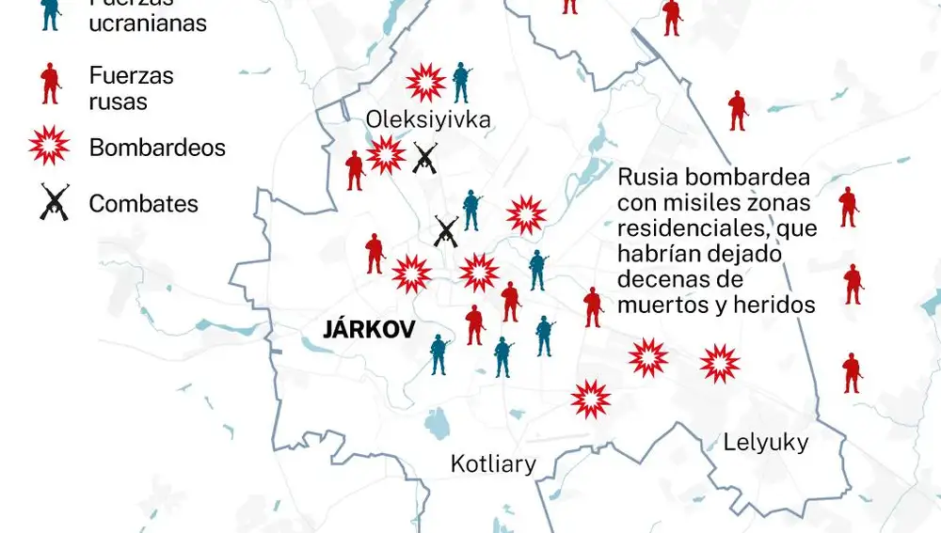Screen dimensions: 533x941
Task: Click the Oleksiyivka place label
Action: point(429,120)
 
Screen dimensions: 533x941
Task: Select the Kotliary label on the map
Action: point(493,463)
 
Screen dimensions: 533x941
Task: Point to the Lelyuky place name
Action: point(765,442)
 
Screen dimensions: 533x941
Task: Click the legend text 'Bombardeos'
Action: point(157,148)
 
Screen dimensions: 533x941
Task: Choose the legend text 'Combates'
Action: point(143,203)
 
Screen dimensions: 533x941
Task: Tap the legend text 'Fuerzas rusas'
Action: point(131,87)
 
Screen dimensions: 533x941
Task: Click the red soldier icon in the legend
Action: point(51,84)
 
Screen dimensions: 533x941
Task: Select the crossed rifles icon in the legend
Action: point(55,202)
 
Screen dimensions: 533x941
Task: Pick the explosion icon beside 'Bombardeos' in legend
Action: point(51,147)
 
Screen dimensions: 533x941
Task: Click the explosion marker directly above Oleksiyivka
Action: point(425,83)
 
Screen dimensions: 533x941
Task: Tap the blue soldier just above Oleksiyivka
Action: point(460,83)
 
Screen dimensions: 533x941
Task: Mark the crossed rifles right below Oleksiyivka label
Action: point(425,157)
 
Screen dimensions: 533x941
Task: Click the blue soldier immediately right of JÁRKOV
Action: point(439,355)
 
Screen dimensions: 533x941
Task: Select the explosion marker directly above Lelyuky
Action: point(720,363)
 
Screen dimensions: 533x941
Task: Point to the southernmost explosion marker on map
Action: point(591,400)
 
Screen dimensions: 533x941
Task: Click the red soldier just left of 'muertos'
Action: point(593,306)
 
